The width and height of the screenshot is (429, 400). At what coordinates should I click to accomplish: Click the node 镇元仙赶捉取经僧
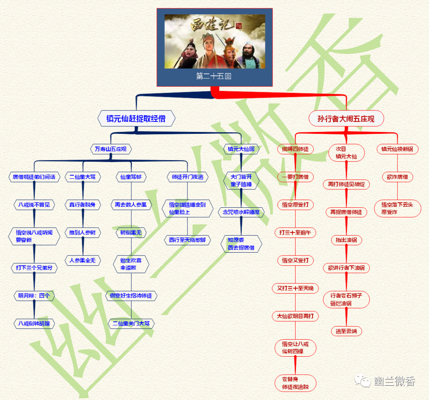136,118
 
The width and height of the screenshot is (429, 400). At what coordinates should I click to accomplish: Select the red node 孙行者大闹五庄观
346,118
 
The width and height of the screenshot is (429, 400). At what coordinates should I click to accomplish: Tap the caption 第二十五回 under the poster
214,76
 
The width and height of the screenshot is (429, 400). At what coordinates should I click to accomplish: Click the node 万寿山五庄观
110,149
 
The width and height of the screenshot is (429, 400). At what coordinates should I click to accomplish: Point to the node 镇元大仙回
241,149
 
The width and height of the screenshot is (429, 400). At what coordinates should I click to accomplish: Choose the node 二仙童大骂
83,177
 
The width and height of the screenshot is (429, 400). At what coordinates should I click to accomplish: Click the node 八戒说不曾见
34,205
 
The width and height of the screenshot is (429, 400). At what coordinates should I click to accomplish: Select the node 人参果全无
83,261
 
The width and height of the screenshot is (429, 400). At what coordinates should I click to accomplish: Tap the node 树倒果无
131,233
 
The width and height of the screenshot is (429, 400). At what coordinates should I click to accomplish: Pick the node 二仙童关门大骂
131,324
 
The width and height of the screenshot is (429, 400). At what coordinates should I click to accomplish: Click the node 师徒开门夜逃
187,177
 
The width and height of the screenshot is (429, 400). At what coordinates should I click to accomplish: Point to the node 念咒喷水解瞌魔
241,213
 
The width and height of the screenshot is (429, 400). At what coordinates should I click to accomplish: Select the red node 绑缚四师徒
295,149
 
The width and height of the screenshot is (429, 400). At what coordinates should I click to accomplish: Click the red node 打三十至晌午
295,233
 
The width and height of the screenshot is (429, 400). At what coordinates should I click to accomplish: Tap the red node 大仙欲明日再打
295,316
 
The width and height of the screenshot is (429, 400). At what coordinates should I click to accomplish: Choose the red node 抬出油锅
346,240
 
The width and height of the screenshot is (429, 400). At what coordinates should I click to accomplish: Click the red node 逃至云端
346,331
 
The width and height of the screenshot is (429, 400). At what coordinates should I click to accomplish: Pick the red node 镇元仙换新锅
397,149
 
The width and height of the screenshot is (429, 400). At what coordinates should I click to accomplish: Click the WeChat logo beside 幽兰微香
363,381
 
